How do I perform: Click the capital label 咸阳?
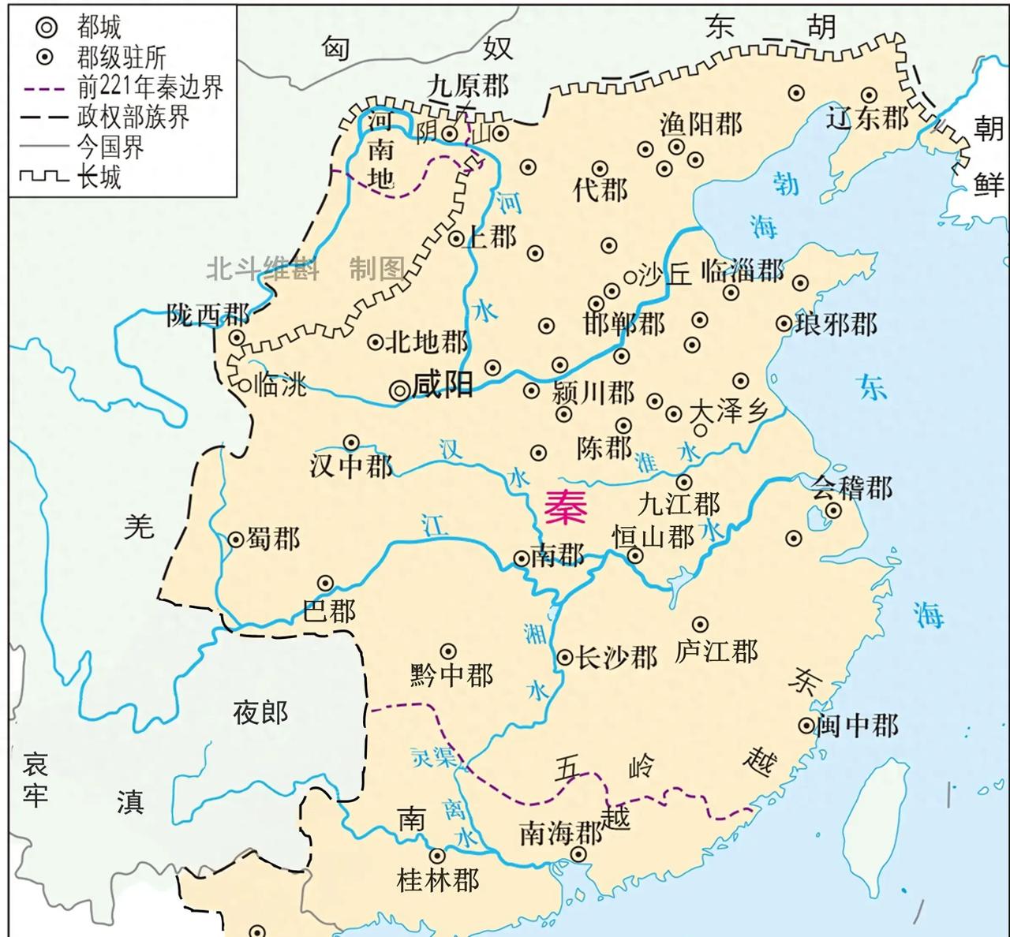tap(443, 386)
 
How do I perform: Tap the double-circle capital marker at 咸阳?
tap(400, 389)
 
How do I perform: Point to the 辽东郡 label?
tap(868, 118)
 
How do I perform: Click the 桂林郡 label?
tap(438, 880)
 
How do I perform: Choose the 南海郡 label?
tap(560, 833)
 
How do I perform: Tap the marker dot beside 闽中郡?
tap(806, 725)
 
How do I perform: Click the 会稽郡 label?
tap(853, 488)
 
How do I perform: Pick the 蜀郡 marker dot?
tap(235, 539)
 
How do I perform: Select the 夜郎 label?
tap(260, 713)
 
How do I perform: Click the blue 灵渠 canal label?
tap(433, 757)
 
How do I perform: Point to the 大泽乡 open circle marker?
tap(700, 431)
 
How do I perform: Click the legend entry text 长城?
tap(99, 177)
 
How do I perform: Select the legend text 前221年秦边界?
tap(150, 87)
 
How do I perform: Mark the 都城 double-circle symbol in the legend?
tap(47, 28)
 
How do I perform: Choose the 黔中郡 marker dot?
tap(448, 651)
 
